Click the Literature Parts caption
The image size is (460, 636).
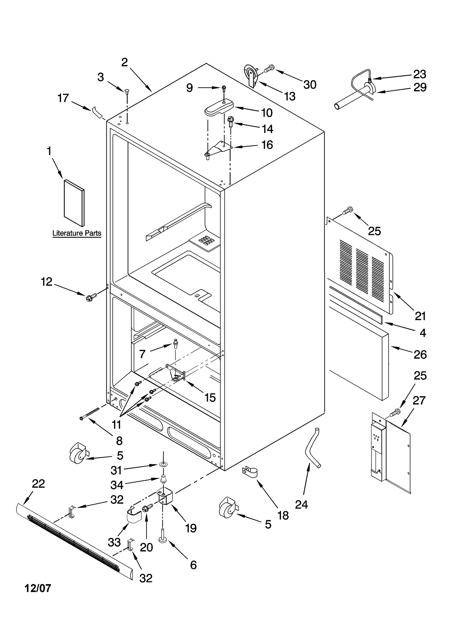(x=77, y=233)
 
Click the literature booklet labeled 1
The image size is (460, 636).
(x=74, y=203)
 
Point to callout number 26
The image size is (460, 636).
(x=420, y=354)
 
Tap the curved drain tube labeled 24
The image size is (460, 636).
(x=312, y=448)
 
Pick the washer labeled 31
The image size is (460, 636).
(x=163, y=464)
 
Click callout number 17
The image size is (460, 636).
(x=63, y=98)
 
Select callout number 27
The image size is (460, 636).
(x=419, y=400)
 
